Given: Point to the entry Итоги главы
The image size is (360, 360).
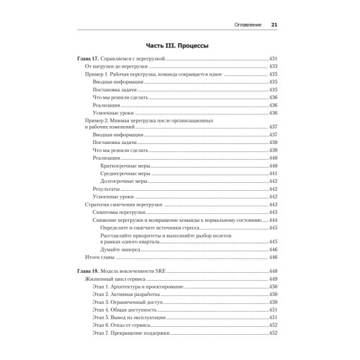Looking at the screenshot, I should pos(101,257).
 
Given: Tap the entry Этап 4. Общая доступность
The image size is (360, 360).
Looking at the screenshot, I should pos(125,310).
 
